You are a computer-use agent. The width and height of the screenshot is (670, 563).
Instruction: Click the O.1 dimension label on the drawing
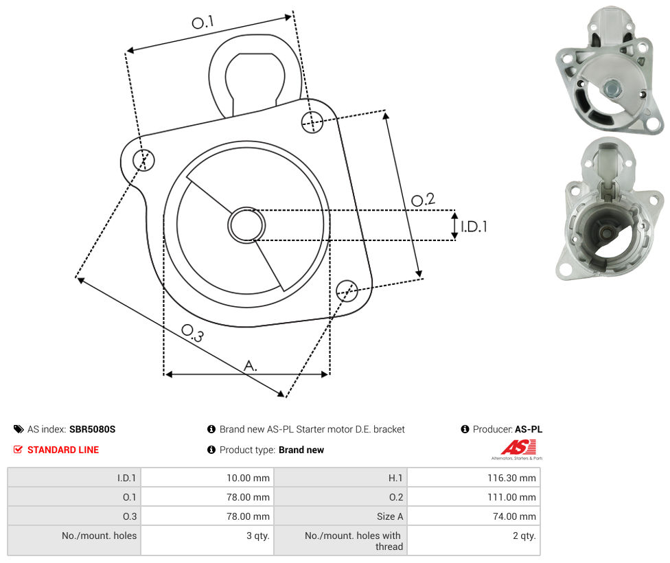pos(203,22)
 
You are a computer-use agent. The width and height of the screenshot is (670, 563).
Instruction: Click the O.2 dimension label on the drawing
pos(423,199)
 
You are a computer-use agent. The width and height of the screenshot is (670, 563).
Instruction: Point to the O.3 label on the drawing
pos(192,333)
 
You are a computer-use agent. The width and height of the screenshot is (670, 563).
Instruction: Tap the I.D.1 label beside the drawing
pos(474,226)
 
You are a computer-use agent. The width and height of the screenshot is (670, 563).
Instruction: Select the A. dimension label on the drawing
pos(251,365)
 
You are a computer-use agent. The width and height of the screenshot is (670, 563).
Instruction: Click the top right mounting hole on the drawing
pos(312,122)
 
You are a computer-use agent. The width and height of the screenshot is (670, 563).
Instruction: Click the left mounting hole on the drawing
pos(143,160)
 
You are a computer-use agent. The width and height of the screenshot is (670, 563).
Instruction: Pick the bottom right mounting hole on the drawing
pos(347,291)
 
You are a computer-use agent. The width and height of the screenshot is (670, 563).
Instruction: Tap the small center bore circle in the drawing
pos(246,225)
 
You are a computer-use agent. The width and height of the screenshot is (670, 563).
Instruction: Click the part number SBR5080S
pos(92,429)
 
